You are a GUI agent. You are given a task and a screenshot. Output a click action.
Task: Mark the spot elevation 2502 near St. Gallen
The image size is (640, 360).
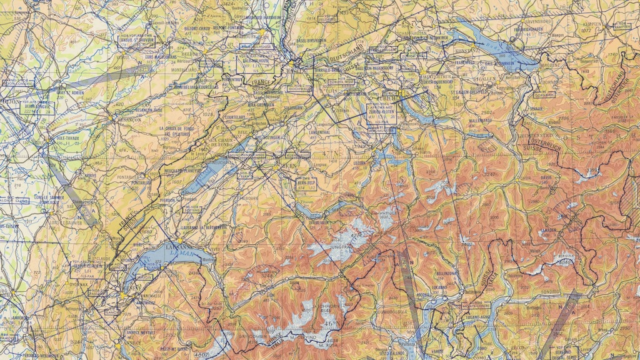tap(486, 112)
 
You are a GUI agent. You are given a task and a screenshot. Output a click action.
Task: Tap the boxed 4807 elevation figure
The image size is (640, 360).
tap(201, 355)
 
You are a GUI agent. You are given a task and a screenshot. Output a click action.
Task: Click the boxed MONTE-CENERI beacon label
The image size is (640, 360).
tap(476, 306)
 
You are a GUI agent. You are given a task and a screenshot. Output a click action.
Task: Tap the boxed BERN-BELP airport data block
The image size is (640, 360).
tap(306, 184)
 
